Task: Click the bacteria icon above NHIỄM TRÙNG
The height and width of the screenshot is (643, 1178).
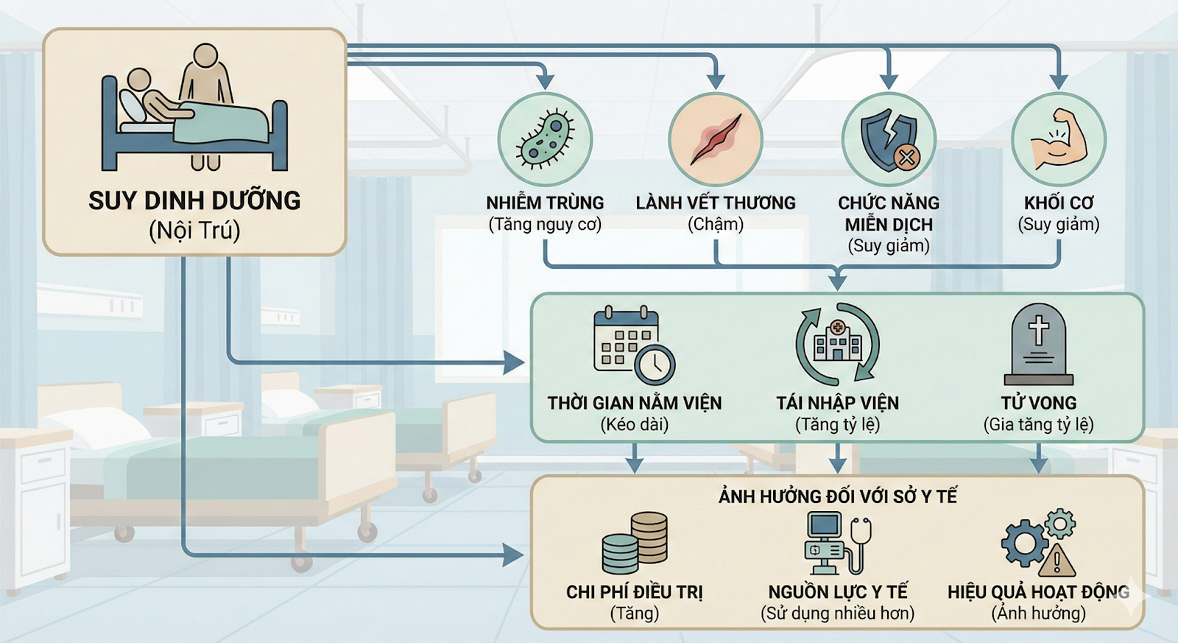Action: (x=545, y=139)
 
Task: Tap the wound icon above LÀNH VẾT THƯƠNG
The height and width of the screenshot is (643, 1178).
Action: (x=716, y=139)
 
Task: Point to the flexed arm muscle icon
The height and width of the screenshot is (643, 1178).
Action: (x=1058, y=139)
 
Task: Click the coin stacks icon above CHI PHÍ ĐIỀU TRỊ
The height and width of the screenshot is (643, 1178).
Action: (x=635, y=544)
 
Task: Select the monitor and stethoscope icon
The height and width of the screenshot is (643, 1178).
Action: (x=837, y=544)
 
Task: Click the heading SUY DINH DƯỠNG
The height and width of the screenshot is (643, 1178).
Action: (x=194, y=200)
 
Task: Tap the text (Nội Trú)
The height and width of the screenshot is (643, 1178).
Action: (x=194, y=231)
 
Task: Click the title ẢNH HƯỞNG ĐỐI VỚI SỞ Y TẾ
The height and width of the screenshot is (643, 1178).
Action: (x=837, y=496)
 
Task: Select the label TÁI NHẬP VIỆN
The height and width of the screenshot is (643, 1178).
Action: (x=837, y=403)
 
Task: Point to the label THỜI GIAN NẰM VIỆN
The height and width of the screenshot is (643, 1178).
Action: (x=634, y=403)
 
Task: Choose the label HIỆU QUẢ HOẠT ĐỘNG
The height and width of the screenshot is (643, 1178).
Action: (x=1038, y=591)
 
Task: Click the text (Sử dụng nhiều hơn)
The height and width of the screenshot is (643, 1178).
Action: (x=837, y=613)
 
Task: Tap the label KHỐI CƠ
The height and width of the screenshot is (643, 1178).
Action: (x=1058, y=203)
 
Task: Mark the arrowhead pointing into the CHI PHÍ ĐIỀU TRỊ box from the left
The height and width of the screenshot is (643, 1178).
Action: (x=515, y=555)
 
